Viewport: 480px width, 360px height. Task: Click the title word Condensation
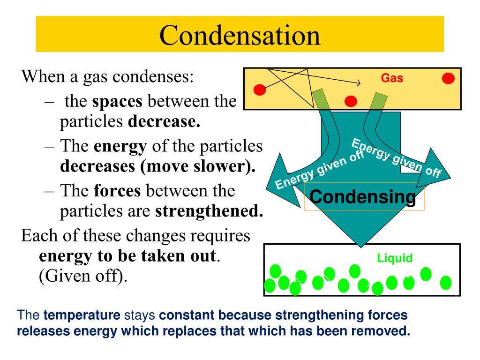coord(240,35)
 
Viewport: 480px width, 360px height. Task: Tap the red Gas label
coord(392,78)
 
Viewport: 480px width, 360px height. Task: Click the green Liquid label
coord(395,258)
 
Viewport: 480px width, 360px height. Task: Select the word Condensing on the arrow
coord(363,197)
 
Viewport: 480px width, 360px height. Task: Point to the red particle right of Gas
coord(448,78)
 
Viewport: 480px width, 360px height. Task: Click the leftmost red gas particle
coord(260,89)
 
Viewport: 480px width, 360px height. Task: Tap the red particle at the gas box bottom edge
coord(351,101)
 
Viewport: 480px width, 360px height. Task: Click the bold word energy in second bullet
coord(120,146)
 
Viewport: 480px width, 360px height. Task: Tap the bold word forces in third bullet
coord(118,191)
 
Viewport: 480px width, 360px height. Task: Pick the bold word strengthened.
coord(209,212)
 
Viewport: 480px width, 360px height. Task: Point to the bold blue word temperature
coord(82,315)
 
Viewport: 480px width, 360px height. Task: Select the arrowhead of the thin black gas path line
coord(360,83)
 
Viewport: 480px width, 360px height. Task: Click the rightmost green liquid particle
coord(446,283)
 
